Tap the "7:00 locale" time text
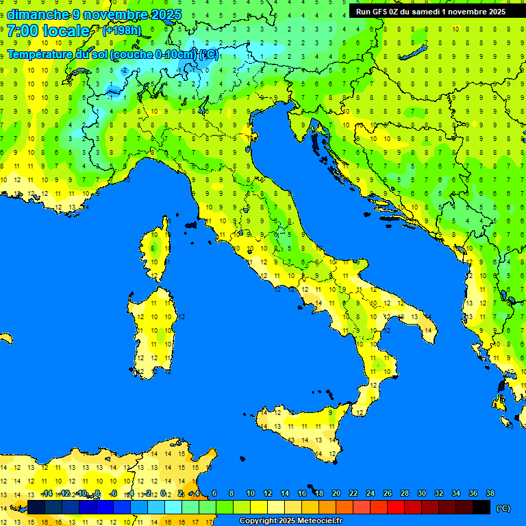[48, 31]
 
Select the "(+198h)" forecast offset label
[121, 31]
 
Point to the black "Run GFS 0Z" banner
[431, 11]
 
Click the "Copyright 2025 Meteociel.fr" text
[290, 521]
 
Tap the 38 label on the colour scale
[490, 493]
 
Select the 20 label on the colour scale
[336, 493]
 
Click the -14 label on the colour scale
[47, 493]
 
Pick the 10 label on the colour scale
[251, 493]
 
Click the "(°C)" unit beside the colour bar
[503, 508]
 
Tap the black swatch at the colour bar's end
[481, 507]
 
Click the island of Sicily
[301, 428]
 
